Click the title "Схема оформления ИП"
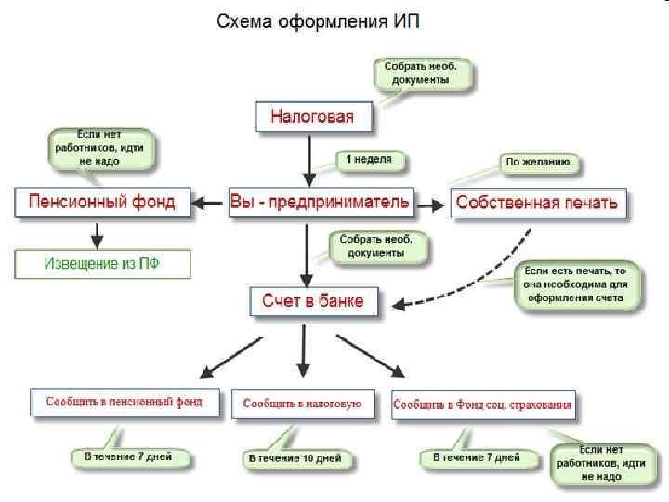tap(318, 20)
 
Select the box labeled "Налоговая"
tap(312, 117)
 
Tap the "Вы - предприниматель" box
tap(320, 202)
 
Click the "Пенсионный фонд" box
tap(101, 202)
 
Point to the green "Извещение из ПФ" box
tap(102, 263)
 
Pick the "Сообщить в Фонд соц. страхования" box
tap(482, 405)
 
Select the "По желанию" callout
tap(542, 162)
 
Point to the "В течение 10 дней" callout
tap(295, 458)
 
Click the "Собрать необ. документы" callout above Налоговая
tap(423, 73)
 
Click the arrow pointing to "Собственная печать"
tap(427, 203)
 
